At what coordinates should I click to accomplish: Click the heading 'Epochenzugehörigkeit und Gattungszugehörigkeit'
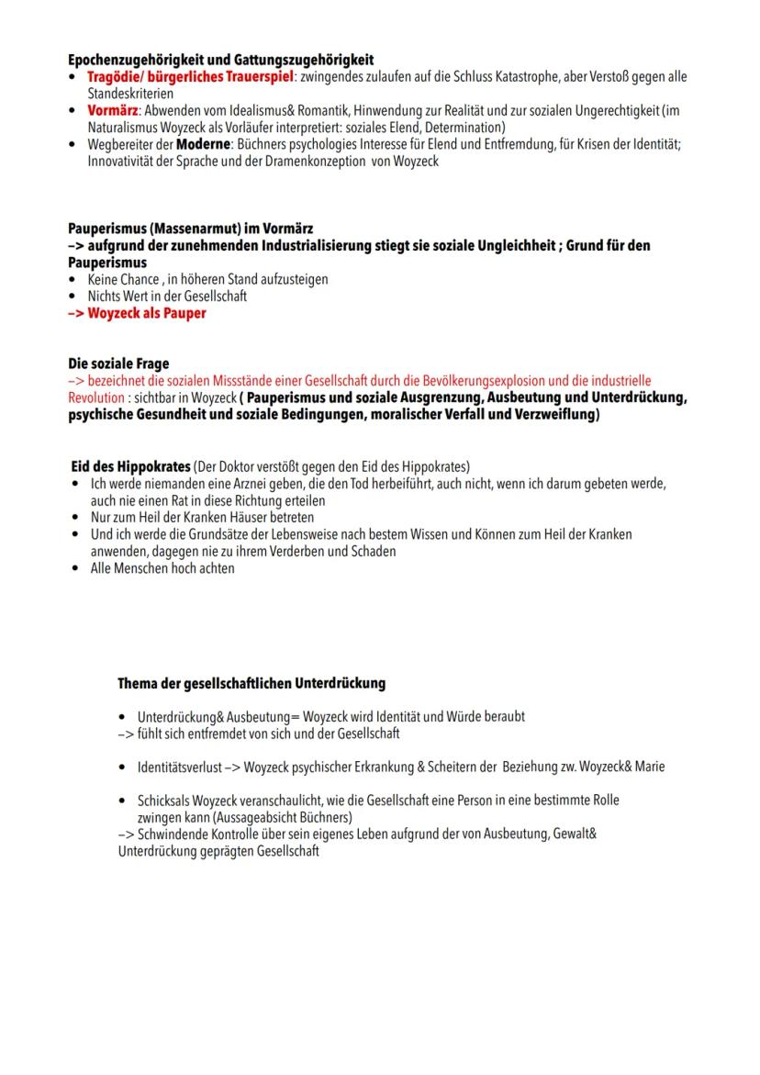(x=220, y=60)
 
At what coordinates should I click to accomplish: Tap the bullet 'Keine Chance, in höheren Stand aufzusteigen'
(x=207, y=279)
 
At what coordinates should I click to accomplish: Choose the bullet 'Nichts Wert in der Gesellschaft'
(x=167, y=296)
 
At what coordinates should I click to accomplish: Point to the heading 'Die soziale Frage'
(x=118, y=364)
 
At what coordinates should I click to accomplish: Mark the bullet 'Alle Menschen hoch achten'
(x=161, y=568)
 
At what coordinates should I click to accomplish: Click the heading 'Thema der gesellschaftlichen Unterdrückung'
(x=251, y=684)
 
